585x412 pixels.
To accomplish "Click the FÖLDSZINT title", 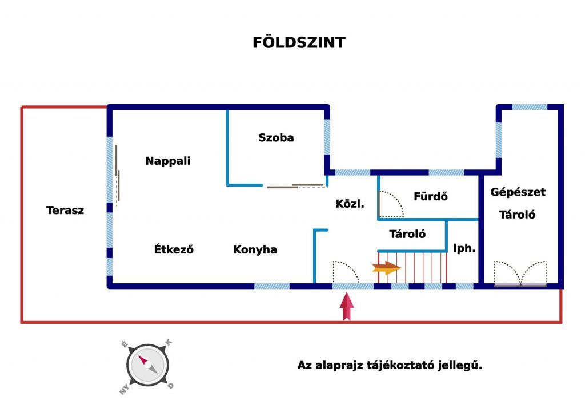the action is pos(299,42).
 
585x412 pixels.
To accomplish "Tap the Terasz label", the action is pos(65,210).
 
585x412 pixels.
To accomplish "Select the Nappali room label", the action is pos(168,161).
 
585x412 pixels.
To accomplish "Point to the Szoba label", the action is pos(276,137).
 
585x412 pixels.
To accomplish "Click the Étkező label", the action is pos(174,249).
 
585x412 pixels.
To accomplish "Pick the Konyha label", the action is pos(255,249).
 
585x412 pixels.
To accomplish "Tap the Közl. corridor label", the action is pos(350,204).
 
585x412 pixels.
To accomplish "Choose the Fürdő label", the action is pos(431,196).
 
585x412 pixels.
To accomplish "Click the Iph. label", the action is pos(464,248).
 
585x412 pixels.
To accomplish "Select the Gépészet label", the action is pos(518,192).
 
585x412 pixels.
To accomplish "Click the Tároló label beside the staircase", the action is pos(407,234).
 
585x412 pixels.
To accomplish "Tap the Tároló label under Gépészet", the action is pos(518,215).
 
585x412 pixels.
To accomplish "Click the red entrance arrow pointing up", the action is pos(347,307).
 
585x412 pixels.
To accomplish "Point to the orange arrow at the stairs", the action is pos(387,268).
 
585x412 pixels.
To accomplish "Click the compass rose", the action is pos(147,366).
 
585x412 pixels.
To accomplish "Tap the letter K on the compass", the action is pos(169,342).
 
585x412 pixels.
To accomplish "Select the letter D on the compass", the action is pos(170,386).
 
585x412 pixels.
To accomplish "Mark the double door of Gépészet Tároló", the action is pos(520,274).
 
